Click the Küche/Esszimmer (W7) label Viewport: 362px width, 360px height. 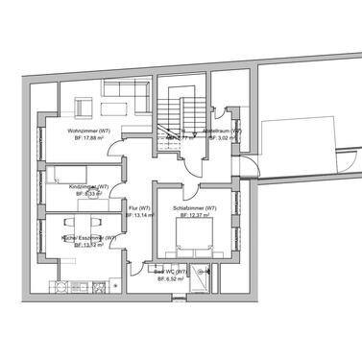tap(88, 237)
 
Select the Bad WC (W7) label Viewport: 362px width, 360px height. tap(173, 272)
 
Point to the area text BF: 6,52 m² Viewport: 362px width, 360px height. tap(173, 279)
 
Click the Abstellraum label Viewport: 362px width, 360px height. tap(223, 130)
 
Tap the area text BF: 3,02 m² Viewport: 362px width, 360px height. tap(223, 138)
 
